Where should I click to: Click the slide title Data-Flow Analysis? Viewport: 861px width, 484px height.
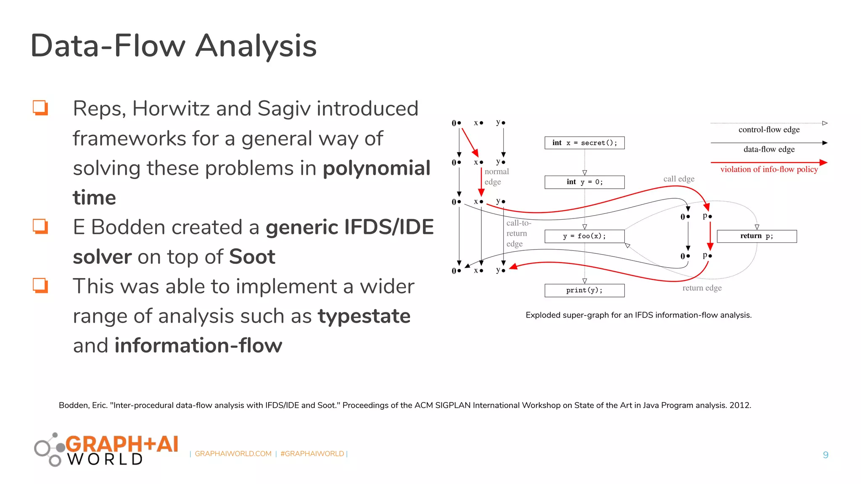(173, 46)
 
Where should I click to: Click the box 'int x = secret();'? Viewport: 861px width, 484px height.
(584, 143)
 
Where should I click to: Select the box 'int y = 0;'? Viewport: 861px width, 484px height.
(584, 182)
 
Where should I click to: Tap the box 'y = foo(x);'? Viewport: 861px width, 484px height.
(584, 236)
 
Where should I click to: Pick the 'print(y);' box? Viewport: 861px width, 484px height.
(584, 290)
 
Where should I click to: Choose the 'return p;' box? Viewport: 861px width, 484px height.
(756, 236)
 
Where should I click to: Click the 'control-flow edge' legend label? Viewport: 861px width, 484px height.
(769, 130)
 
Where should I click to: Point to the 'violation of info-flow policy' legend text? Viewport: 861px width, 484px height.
(769, 169)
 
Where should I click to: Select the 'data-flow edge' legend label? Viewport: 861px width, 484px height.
(769, 150)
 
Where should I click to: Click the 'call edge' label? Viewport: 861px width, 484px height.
(679, 179)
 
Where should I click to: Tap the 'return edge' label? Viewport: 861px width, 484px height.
(702, 288)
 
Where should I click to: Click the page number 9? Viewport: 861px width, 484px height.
(825, 455)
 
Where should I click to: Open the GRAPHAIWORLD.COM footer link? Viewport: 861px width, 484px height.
(233, 454)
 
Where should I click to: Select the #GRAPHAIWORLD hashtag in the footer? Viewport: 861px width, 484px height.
(312, 454)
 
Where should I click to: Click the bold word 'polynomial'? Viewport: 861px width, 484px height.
(376, 168)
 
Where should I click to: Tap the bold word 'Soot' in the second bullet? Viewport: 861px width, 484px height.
(252, 257)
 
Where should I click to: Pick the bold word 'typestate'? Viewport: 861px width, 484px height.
(364, 316)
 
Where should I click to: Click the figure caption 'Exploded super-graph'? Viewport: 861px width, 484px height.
(638, 315)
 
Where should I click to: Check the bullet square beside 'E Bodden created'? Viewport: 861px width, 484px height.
(40, 226)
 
